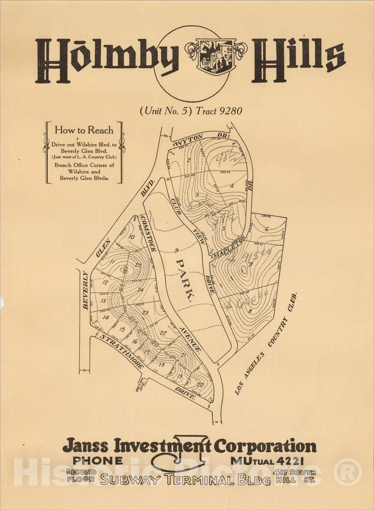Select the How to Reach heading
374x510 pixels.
pos(84,130)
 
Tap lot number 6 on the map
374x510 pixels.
pos(267,229)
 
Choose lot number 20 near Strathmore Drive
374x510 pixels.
pos(200,385)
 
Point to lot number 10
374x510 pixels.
pos(131,237)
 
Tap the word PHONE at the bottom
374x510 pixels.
pos(98,461)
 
